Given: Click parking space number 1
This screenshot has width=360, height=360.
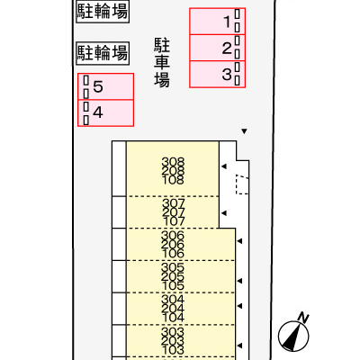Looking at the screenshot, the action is click(218, 22).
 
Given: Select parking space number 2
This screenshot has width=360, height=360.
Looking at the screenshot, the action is click(218, 48).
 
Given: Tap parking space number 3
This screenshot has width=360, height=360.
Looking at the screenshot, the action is click(218, 74).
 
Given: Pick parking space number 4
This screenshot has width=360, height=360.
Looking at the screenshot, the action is click(105, 112).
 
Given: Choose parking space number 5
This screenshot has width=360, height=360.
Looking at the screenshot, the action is click(105, 86).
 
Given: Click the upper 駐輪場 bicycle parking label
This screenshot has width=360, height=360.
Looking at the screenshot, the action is click(103, 12).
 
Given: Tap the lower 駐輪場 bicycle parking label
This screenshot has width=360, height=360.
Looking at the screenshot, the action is click(103, 53).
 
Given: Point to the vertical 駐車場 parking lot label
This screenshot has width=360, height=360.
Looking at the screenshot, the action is click(162, 63).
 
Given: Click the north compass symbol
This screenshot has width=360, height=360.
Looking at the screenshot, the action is click(293, 336).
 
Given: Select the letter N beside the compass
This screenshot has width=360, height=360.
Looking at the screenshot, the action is click(303, 318).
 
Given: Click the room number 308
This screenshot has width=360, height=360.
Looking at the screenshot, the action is click(173, 162).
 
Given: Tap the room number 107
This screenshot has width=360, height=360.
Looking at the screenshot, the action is click(174, 221).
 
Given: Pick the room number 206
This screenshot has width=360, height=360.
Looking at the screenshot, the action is click(173, 245).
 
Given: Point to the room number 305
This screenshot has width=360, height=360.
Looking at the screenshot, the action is click(173, 267).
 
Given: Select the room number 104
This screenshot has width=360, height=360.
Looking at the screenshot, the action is click(173, 318).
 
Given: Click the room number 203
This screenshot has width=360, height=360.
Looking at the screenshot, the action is click(173, 341).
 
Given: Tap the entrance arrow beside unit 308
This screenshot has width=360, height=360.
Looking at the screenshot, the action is click(224, 166).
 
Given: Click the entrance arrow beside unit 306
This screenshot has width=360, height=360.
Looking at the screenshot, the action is click(239, 241).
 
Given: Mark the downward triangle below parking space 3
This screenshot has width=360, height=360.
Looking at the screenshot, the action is click(244, 131).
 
